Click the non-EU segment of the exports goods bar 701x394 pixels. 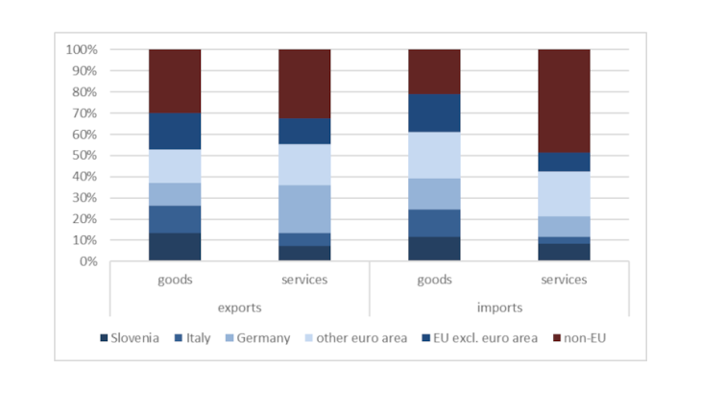click(175, 81)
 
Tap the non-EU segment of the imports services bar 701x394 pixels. click(564, 101)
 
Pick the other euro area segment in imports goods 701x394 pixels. click(434, 155)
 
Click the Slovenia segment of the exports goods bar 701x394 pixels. click(175, 247)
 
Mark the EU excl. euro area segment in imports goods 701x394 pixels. click(434, 112)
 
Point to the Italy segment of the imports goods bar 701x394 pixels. click(434, 223)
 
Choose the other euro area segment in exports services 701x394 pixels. click(304, 164)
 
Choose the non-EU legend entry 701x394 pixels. click(580, 338)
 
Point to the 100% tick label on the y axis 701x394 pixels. click(82, 50)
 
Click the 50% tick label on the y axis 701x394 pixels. click(85, 156)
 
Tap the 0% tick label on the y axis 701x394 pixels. click(88, 261)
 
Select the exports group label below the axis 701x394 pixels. click(239, 308)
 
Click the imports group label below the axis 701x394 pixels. click(498, 308)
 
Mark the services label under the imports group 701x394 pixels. click(564, 280)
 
